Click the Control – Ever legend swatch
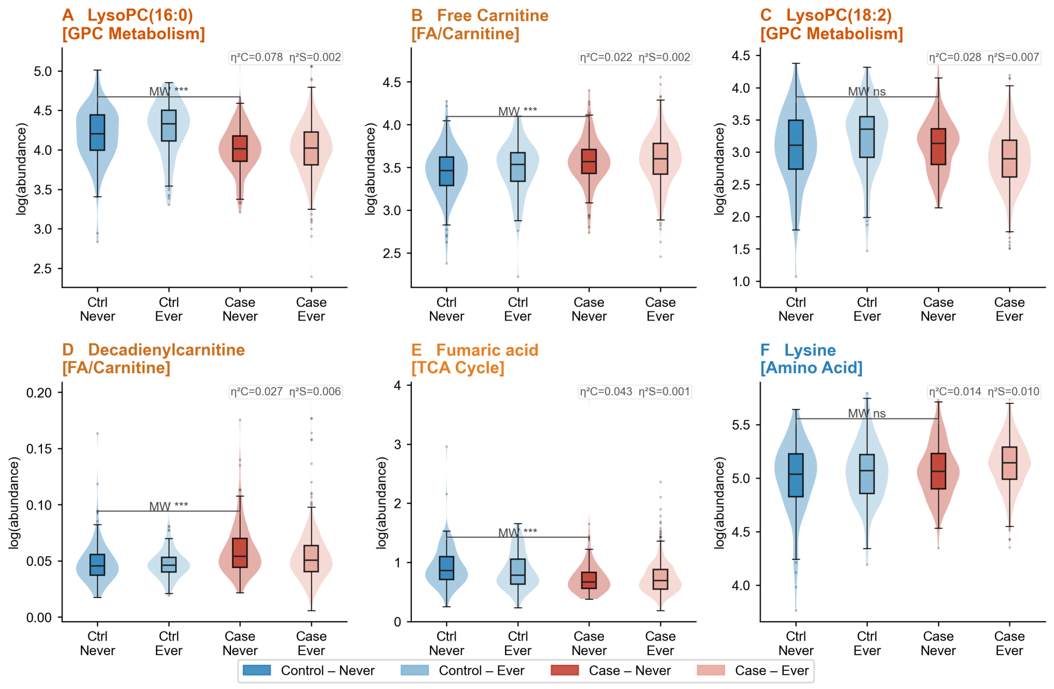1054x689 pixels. click(x=414, y=670)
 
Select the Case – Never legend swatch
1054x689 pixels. click(x=565, y=670)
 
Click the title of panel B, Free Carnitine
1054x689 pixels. click(x=480, y=24)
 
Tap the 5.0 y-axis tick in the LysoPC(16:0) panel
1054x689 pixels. click(x=43, y=72)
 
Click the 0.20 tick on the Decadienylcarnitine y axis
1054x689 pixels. click(x=39, y=393)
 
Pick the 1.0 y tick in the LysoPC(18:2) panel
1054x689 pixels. click(x=741, y=281)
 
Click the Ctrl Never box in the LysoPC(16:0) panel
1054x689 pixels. click(x=97, y=132)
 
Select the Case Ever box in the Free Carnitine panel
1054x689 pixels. click(x=660, y=159)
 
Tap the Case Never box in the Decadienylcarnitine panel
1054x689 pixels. click(x=240, y=552)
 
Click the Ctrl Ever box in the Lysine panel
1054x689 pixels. click(x=867, y=474)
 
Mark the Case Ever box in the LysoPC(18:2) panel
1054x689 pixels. click(x=1009, y=159)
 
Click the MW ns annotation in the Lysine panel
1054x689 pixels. click(x=867, y=413)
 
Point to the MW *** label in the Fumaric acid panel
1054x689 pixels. click(x=517, y=532)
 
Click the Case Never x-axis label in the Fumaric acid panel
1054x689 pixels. click(x=589, y=643)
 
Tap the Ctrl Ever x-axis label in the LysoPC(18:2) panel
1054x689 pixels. click(x=867, y=309)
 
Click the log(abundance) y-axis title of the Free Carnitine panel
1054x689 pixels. click(x=370, y=169)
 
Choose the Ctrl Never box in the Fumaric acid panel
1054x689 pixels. click(x=446, y=568)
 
